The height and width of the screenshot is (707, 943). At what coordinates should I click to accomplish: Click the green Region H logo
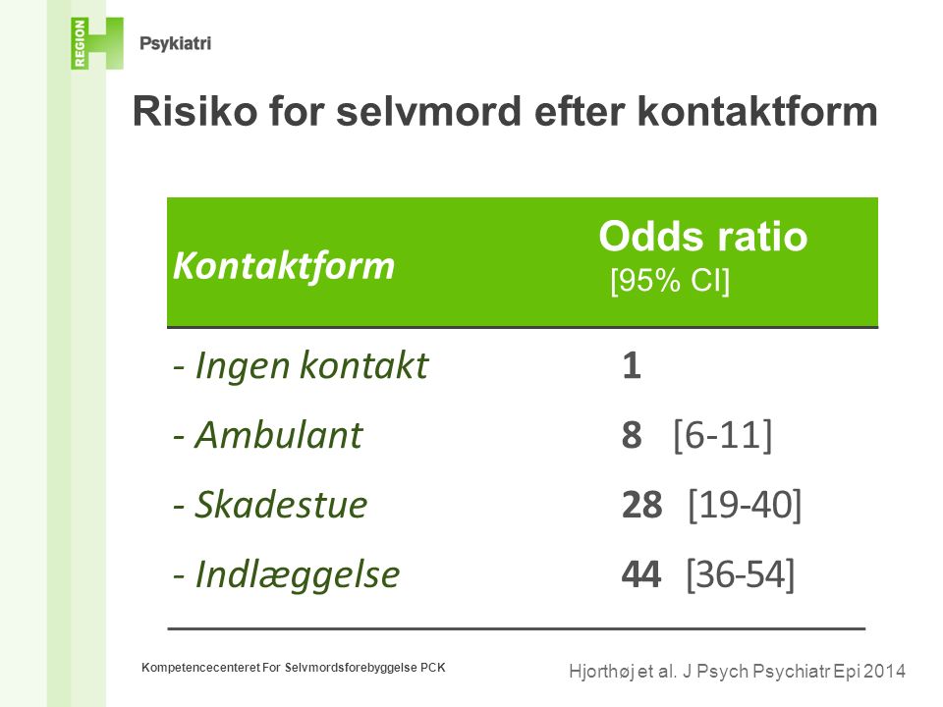coord(97,43)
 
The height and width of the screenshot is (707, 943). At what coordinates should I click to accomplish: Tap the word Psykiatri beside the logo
coord(175,44)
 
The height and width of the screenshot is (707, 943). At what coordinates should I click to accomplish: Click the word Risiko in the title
coord(194,111)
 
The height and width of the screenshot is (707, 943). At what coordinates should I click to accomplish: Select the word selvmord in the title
coord(427,111)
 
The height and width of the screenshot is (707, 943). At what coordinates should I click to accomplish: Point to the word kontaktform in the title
coord(757,111)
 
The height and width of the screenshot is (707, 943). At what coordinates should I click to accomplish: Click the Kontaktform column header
coord(283,266)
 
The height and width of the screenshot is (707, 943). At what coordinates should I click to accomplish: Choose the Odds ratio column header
coord(702,236)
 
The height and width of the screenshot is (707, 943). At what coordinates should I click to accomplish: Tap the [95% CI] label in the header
coord(669,280)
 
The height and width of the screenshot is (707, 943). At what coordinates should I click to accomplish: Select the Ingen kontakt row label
coord(301,365)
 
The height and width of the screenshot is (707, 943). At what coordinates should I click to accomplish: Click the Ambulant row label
coord(267,434)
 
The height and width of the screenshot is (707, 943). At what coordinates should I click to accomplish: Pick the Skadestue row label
coord(270,505)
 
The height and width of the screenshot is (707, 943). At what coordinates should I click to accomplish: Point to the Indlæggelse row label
coord(286,574)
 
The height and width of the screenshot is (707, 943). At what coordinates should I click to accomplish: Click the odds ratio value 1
coord(632,365)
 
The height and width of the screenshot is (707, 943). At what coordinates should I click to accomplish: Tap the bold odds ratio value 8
coord(632,435)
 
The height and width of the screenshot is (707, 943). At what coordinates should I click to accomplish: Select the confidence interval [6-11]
coord(722,435)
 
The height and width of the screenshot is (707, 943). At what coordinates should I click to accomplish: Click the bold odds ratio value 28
coord(641,505)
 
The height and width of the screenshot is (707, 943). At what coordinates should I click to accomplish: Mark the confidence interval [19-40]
coord(745,505)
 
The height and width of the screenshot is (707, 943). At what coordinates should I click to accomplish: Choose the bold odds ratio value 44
coord(641,574)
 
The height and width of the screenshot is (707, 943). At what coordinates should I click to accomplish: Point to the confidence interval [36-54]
coord(741,574)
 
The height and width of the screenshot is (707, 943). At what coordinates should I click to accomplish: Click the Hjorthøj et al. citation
coord(737,671)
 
